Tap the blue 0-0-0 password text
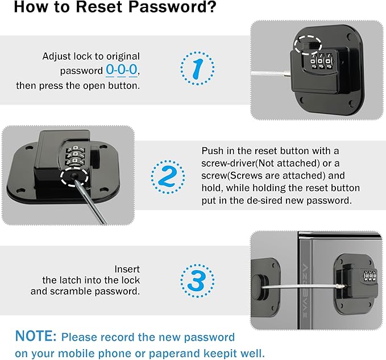[x=122, y=70]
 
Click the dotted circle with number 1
[x=197, y=68]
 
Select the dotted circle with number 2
[x=168, y=177]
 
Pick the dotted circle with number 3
[x=197, y=281]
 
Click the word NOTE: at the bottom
[x=36, y=336]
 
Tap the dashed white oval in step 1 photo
[x=308, y=44]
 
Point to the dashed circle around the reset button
[x=74, y=176]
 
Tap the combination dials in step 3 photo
[x=369, y=276]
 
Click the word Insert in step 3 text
[x=127, y=269]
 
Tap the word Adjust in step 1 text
[x=57, y=57]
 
